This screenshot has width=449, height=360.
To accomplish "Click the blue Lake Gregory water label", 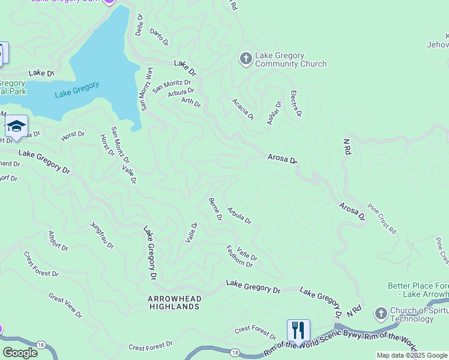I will pyautogui.click(x=77, y=90).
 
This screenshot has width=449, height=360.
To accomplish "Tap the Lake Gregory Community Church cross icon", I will pyautogui.click(x=246, y=59).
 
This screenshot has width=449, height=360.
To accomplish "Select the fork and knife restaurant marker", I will pyautogui.click(x=298, y=330).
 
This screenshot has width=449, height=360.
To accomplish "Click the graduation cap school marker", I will pyautogui.click(x=16, y=127).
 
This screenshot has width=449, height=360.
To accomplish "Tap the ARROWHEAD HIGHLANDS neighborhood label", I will pyautogui.click(x=175, y=302).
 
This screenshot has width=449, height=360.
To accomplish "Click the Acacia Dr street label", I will pyautogui.click(x=243, y=108).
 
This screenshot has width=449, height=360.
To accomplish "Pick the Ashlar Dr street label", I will pyautogui.click(x=274, y=112).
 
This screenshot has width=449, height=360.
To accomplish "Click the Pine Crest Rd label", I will pyautogui.click(x=382, y=217).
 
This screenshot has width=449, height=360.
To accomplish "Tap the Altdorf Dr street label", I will pyautogui.click(x=58, y=240).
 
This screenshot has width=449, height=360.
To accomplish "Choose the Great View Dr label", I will pyautogui.click(x=65, y=305).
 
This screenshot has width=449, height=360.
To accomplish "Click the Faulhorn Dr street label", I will pyautogui.click(x=241, y=256).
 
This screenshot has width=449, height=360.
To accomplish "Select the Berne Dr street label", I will pyautogui.click(x=214, y=209).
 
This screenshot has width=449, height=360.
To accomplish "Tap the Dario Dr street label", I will pyautogui.click(x=159, y=37).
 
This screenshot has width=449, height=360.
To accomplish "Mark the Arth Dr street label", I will pyautogui.click(x=191, y=103).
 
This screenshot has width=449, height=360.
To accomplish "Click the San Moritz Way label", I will pyautogui.click(x=147, y=89).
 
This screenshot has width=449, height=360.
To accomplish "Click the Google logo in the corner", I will pyautogui.click(x=20, y=352).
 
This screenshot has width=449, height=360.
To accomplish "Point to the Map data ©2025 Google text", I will pyautogui.click(x=412, y=355).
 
